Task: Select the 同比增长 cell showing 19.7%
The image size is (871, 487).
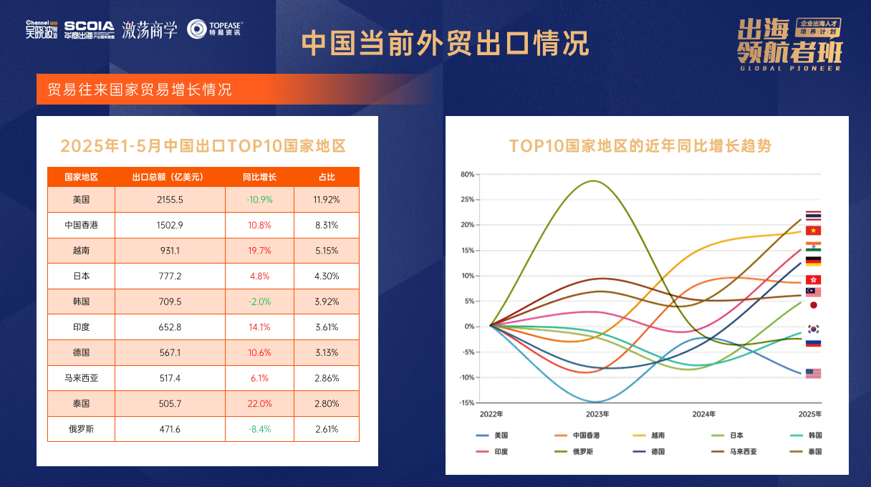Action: point(259,251)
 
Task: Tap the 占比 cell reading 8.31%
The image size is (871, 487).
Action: point(326,225)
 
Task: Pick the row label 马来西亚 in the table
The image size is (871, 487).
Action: point(81,378)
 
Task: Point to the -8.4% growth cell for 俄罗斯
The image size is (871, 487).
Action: point(259,429)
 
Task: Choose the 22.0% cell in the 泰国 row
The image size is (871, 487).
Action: point(259,403)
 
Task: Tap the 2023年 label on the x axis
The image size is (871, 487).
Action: point(597,414)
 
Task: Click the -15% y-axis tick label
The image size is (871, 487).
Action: point(466,402)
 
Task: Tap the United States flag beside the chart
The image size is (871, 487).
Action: point(813,373)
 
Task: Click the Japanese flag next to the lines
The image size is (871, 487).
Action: point(813,305)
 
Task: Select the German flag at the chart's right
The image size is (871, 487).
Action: point(813,261)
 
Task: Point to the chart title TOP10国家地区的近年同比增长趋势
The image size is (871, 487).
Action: point(640,146)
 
